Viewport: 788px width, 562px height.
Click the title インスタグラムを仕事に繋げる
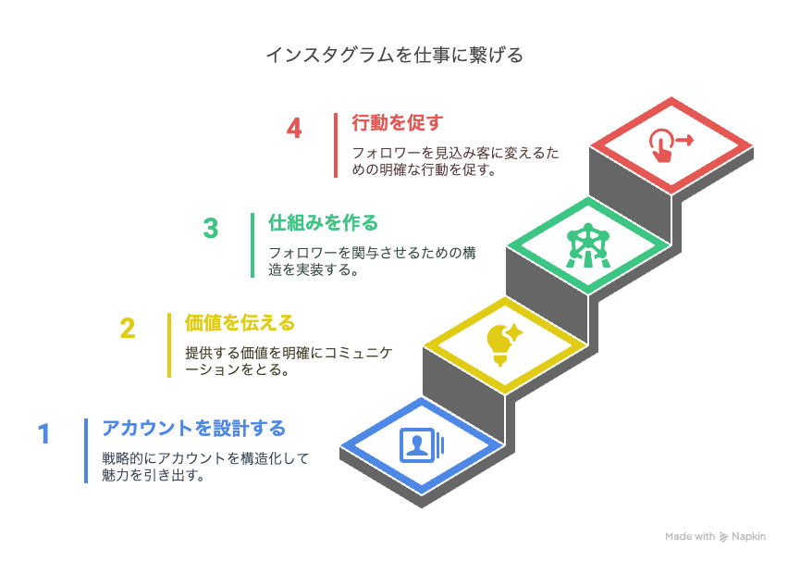(395, 55)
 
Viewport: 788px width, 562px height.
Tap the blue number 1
(44, 433)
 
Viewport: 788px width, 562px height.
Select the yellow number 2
(128, 329)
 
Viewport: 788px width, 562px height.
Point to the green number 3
(211, 228)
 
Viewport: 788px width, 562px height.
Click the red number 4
(294, 128)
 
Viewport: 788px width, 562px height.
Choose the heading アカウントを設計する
(194, 428)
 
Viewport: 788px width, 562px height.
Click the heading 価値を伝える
(240, 323)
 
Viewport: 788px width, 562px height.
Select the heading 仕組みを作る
(323, 223)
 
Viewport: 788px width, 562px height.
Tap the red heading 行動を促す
(398, 123)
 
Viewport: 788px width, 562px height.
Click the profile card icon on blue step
(422, 445)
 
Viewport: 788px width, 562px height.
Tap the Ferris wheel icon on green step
(587, 246)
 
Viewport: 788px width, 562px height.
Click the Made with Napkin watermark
(715, 536)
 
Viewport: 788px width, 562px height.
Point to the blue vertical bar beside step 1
(86, 451)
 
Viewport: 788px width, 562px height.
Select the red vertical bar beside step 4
(336, 145)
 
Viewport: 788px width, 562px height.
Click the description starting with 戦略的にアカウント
(205, 467)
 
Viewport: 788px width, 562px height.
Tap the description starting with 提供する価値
(288, 361)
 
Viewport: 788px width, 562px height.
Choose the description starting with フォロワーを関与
(372, 261)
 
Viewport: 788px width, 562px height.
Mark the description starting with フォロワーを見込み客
(455, 161)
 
